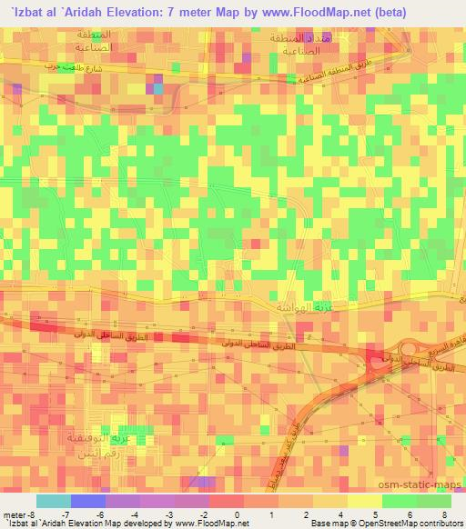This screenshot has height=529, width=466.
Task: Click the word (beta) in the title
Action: point(360,12)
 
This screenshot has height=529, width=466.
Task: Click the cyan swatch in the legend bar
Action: point(54,502)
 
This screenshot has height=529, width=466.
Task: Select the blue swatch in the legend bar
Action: point(88,502)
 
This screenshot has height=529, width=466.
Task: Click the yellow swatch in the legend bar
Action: point(364,502)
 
